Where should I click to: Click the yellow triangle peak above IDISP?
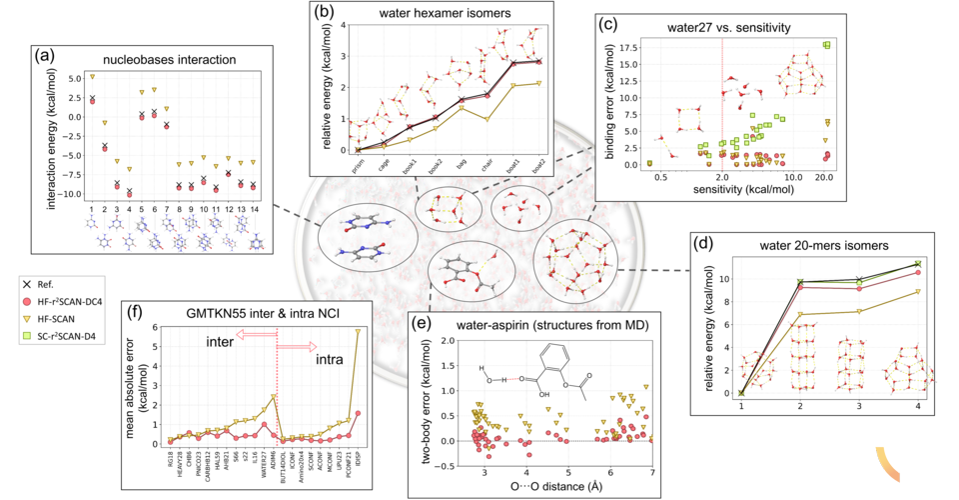pos(358,331)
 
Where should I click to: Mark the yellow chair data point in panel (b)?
pos(486,119)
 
